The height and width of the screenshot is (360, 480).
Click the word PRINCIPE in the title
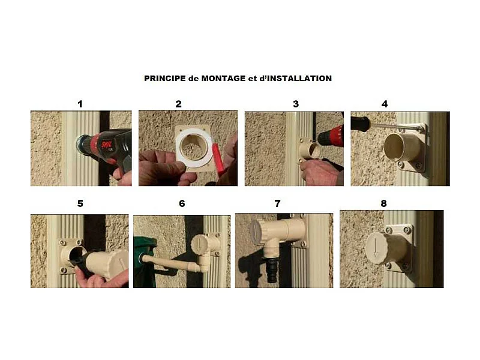[x=162, y=79]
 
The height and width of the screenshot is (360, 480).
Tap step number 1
[x=80, y=104]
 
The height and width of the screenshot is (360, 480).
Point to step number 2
[x=178, y=104]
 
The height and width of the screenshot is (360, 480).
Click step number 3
[x=295, y=104]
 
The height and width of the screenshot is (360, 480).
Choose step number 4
[x=385, y=104]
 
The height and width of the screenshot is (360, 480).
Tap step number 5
[x=80, y=203]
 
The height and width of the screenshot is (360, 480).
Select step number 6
[x=182, y=203]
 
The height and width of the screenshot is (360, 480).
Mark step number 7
[x=277, y=203]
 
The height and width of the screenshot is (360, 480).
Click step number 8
[x=384, y=203]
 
